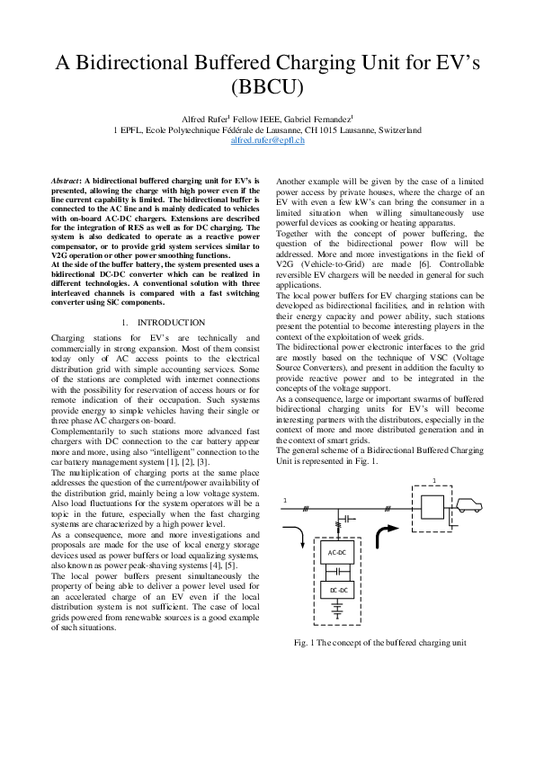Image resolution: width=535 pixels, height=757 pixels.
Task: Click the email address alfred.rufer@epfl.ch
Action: point(267,141)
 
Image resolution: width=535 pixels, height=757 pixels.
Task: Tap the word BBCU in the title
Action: point(267,87)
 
